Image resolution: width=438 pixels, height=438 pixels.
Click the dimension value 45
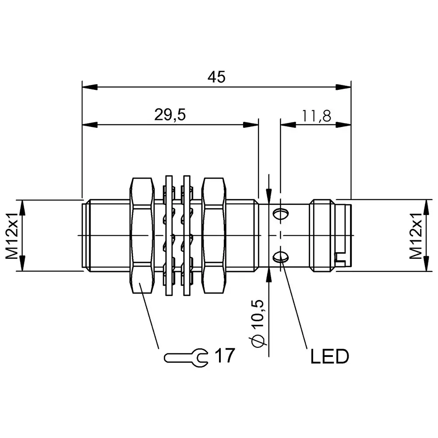click(x=216, y=77)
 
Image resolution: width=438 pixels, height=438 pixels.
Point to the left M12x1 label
click(x=12, y=236)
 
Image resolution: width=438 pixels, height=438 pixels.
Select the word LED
click(x=329, y=357)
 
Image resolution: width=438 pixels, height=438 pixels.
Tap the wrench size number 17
click(x=225, y=356)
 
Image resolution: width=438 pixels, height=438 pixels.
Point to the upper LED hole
click(x=280, y=214)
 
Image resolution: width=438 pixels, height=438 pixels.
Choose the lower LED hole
click(x=280, y=257)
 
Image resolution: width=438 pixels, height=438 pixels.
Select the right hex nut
click(x=214, y=236)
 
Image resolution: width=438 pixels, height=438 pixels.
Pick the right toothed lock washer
click(x=187, y=236)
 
